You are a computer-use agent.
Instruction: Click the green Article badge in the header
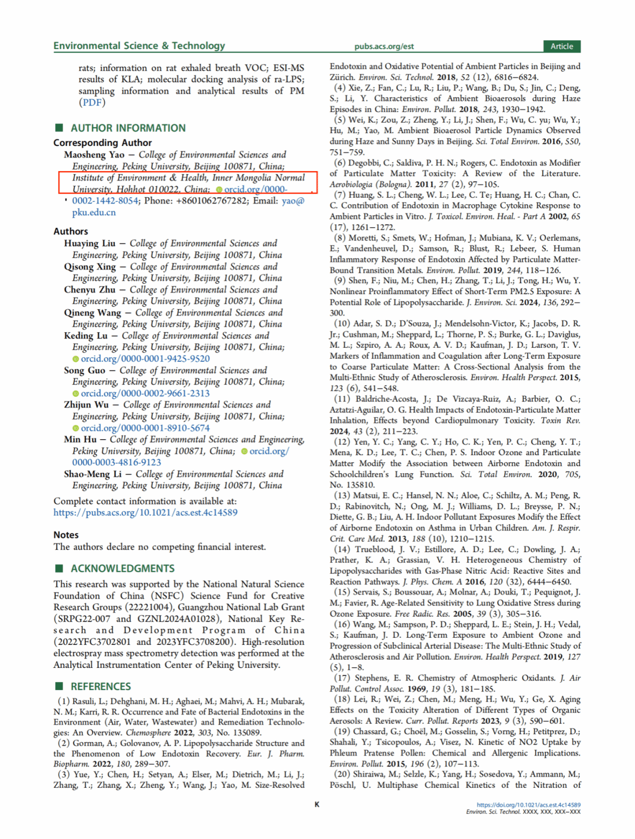[561, 46]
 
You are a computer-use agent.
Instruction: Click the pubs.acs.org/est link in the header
[384, 46]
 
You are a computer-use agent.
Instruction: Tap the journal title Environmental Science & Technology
[139, 46]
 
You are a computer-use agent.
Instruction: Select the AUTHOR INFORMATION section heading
[127, 128]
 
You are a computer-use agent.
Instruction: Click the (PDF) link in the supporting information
[92, 102]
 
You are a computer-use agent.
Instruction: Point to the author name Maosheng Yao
[94, 155]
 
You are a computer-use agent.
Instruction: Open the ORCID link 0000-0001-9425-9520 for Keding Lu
[145, 359]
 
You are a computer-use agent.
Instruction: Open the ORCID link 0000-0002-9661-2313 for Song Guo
[145, 393]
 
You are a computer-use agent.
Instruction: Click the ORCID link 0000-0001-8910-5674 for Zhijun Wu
[145, 428]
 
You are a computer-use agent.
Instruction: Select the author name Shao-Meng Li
[93, 474]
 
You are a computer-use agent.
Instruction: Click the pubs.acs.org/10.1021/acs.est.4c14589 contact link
[145, 513]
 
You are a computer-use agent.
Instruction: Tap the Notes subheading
[66, 535]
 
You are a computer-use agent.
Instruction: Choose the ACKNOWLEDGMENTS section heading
[122, 569]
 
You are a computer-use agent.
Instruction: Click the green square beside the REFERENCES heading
[59, 686]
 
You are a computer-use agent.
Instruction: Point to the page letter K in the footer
[317, 804]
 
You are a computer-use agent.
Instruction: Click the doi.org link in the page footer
[528, 804]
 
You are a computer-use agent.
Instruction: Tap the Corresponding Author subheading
[102, 143]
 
